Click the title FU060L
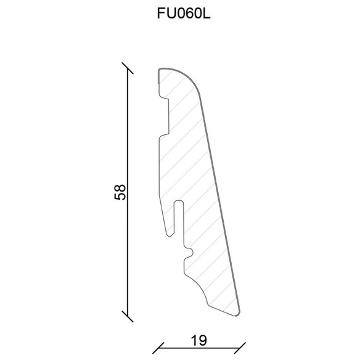click(x=184, y=14)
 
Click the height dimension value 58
click(x=120, y=192)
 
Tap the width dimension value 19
click(x=198, y=340)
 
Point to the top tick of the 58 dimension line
click(x=128, y=68)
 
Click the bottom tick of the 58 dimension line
click(x=128, y=317)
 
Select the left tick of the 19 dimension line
click(x=158, y=348)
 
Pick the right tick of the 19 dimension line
click(x=240, y=348)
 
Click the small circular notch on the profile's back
click(x=190, y=253)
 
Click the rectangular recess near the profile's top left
click(x=165, y=117)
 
